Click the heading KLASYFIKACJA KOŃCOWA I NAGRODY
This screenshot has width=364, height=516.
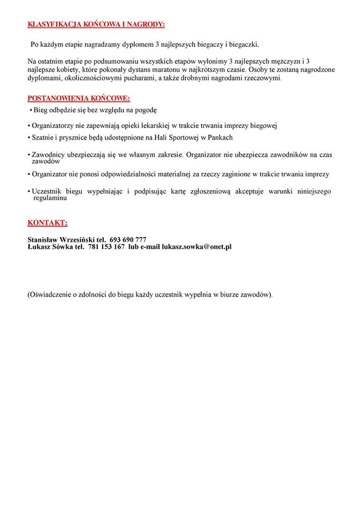pyautogui.click(x=96, y=25)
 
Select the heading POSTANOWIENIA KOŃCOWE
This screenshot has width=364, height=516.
pyautogui.click(x=78, y=98)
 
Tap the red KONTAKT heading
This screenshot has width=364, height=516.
pyautogui.click(x=47, y=223)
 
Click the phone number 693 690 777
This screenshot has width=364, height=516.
pyautogui.click(x=128, y=239)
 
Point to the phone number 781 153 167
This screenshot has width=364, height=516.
pyautogui.click(x=106, y=247)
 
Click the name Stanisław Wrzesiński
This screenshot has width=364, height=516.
pyautogui.click(x=61, y=239)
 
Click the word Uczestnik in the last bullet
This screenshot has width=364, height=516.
pyautogui.click(x=47, y=191)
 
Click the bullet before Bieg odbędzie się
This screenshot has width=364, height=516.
pyautogui.click(x=32, y=111)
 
